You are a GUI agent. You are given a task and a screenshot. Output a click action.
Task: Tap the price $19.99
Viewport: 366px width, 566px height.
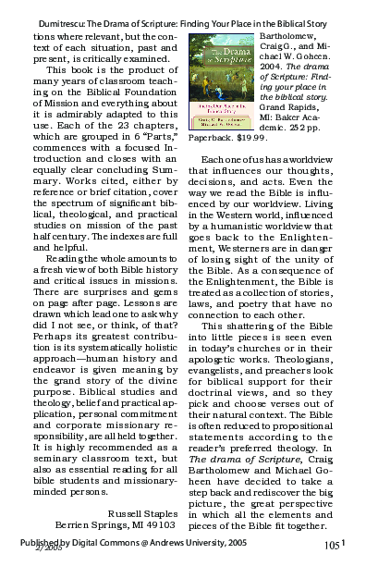(250, 137)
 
